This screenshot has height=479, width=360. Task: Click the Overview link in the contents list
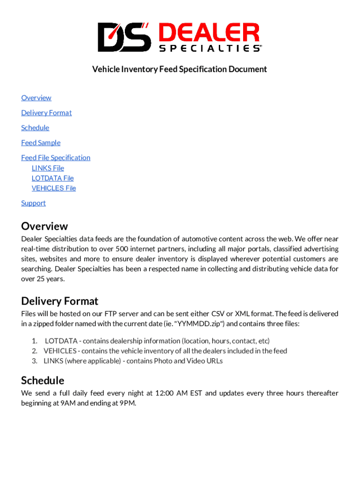pyautogui.click(x=36, y=98)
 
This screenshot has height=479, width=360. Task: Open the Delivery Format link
pyautogui.click(x=46, y=113)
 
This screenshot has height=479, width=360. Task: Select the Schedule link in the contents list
pyautogui.click(x=35, y=128)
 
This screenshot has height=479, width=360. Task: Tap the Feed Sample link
pyautogui.click(x=41, y=143)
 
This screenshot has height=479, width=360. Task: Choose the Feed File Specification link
pyautogui.click(x=56, y=158)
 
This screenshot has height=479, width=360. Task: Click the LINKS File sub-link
pyautogui.click(x=48, y=168)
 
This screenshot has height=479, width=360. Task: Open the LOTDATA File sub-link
pyautogui.click(x=52, y=178)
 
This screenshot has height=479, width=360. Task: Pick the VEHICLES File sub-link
pyautogui.click(x=53, y=188)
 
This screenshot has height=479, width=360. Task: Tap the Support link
pyautogui.click(x=33, y=203)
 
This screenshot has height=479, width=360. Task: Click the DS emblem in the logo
pyautogui.click(x=124, y=37)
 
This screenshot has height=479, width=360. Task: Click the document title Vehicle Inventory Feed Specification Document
pyautogui.click(x=180, y=69)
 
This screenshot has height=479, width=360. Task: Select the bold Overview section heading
pyautogui.click(x=44, y=226)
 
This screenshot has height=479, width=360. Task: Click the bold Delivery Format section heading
pyautogui.click(x=60, y=301)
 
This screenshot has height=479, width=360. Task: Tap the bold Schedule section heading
pyautogui.click(x=43, y=380)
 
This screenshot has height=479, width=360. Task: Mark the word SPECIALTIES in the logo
pyautogui.click(x=209, y=48)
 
